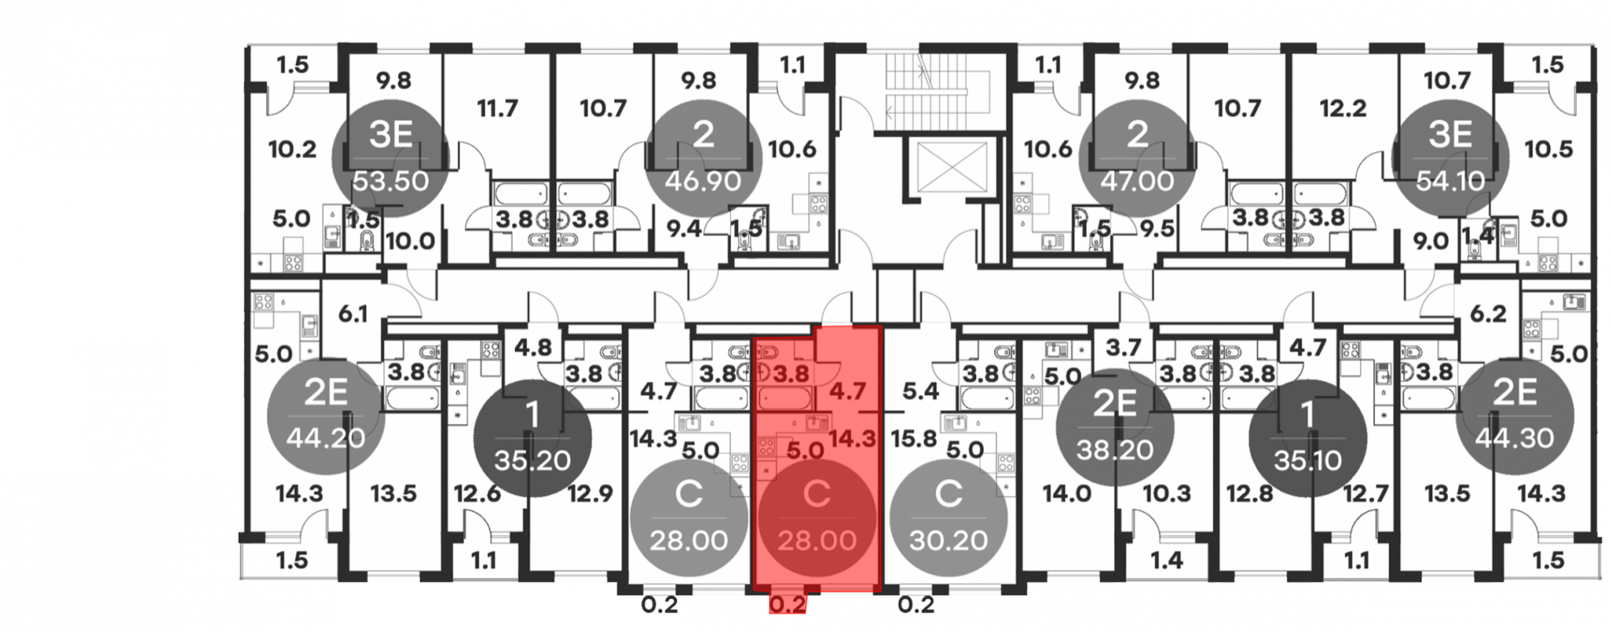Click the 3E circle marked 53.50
391,158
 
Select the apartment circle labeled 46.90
704,158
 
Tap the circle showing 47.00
1137,158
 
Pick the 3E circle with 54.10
1450,158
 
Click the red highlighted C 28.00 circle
817,518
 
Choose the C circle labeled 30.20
948,518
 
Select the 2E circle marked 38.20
1115,427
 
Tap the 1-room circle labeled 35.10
1307,438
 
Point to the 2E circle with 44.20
326,415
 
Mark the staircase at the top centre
926,92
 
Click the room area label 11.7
497,108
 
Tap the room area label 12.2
1343,108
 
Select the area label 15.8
914,439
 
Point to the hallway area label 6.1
353,314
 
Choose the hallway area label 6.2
1488,314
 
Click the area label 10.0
410,241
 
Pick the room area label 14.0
1066,493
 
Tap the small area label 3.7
1124,347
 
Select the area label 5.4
920,392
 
